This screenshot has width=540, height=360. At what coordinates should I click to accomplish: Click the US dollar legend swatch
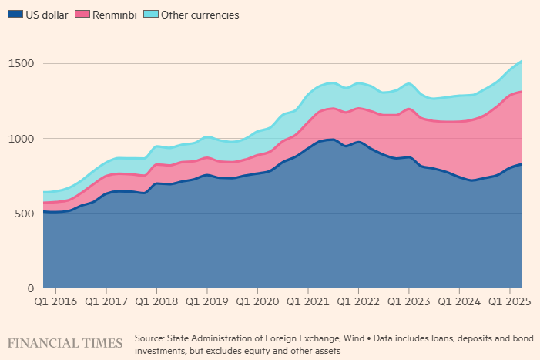click(x=13, y=15)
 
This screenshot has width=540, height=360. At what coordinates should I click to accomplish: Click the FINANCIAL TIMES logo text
click(x=65, y=341)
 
